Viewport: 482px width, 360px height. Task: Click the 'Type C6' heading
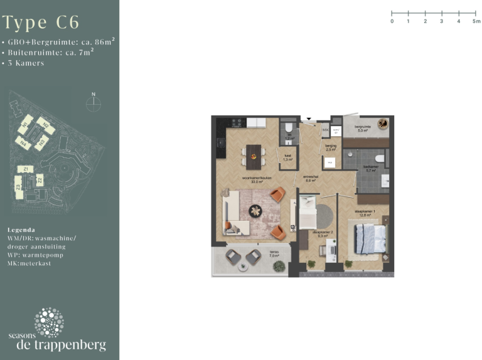[41, 23]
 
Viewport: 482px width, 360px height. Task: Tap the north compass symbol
[93, 102]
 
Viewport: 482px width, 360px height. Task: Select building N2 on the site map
[45, 125]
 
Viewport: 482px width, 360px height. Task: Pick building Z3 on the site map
[19, 186]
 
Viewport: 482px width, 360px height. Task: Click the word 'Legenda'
[21, 230]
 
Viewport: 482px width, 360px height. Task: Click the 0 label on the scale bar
[392, 21]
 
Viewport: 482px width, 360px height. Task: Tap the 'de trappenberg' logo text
[61, 345]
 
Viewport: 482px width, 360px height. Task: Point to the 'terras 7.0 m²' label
[274, 255]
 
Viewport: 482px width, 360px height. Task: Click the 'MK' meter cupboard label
[324, 130]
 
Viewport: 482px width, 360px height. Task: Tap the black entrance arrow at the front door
[308, 118]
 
